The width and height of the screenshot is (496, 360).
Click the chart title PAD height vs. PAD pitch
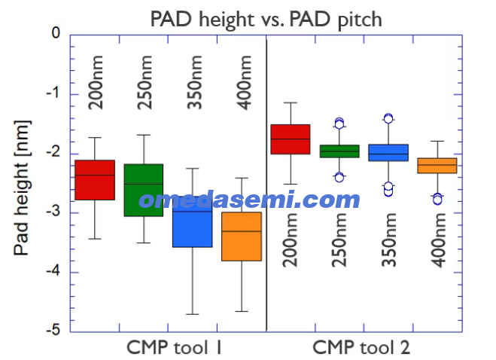tap(266, 20)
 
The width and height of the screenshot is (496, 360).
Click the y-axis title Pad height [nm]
tap(22, 188)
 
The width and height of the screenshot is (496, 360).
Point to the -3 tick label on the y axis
tap(53, 212)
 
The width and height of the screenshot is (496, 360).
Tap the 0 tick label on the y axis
tap(56, 32)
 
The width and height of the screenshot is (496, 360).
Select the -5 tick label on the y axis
tap(53, 330)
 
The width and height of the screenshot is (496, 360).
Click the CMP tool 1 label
tap(174, 347)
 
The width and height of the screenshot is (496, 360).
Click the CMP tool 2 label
tap(361, 347)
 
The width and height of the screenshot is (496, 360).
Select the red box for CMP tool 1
tap(95, 180)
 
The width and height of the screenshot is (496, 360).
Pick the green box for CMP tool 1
tap(144, 191)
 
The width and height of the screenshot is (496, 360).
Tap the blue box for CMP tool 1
tap(193, 221)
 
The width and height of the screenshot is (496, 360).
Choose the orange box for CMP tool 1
tap(242, 236)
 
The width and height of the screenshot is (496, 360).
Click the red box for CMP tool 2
tap(291, 139)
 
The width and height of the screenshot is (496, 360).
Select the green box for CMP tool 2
tap(339, 151)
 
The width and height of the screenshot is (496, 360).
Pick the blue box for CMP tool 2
tap(388, 153)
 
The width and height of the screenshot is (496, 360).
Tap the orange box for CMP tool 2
tap(437, 166)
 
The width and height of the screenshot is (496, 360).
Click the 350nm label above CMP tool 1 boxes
tap(194, 82)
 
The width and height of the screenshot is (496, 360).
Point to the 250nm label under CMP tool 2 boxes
tap(339, 240)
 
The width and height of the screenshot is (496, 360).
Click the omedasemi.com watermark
tap(249, 200)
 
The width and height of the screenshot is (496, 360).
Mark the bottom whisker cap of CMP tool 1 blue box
tap(193, 314)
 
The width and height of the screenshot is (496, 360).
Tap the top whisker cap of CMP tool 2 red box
tap(291, 102)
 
